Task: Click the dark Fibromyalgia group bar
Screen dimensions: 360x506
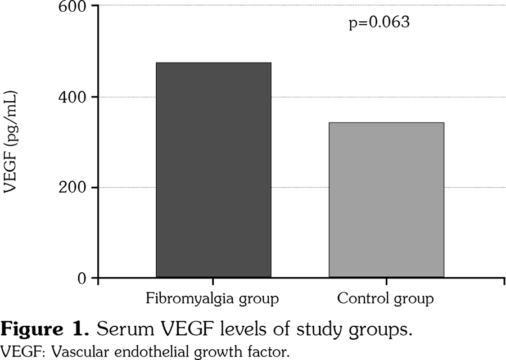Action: pyautogui.click(x=214, y=170)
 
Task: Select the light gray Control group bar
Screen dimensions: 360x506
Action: pyautogui.click(x=386, y=200)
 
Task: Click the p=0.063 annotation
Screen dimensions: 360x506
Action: pyautogui.click(x=379, y=24)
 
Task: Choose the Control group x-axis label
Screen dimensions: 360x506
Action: pyautogui.click(x=386, y=298)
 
